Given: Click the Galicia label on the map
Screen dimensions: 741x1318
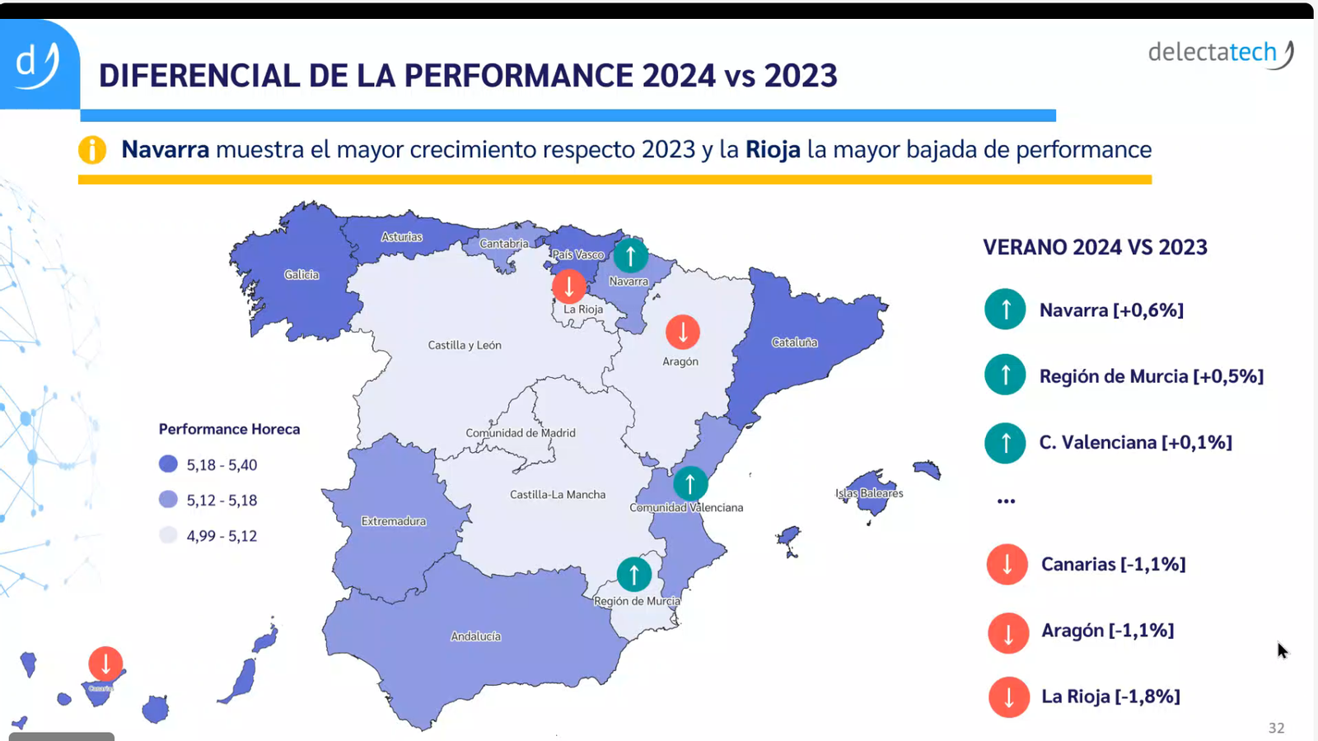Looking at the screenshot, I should (x=301, y=275).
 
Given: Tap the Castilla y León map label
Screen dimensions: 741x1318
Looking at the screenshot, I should (x=465, y=345).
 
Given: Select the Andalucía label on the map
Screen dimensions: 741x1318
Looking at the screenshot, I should (x=476, y=636).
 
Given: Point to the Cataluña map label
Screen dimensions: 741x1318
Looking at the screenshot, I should (x=795, y=343).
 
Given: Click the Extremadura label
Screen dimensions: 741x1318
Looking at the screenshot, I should (x=394, y=521).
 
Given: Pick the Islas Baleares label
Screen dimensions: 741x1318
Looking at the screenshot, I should (x=869, y=493).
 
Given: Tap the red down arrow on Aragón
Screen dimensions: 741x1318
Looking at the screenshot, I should (x=683, y=332).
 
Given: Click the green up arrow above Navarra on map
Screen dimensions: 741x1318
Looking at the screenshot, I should (x=631, y=255).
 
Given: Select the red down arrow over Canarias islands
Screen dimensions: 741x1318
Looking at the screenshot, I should (x=105, y=663).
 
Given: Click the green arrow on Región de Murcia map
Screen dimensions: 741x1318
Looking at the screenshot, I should (x=634, y=574).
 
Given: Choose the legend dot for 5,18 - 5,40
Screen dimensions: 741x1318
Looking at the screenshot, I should (x=168, y=464).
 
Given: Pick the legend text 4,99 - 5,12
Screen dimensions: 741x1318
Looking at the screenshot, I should (x=222, y=536).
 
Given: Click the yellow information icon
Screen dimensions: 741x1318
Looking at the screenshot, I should (x=92, y=150).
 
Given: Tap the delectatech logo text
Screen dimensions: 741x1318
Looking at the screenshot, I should (x=1212, y=53).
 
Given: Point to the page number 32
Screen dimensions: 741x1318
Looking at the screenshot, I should (x=1276, y=728).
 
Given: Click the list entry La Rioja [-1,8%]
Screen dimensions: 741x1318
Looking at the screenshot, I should (x=1110, y=697).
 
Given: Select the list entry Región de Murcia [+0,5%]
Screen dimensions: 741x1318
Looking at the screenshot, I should (x=1151, y=376).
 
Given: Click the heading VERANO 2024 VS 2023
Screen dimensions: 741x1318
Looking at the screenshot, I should (x=1095, y=247).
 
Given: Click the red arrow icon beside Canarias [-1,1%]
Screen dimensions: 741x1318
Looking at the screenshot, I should (x=1007, y=565).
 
